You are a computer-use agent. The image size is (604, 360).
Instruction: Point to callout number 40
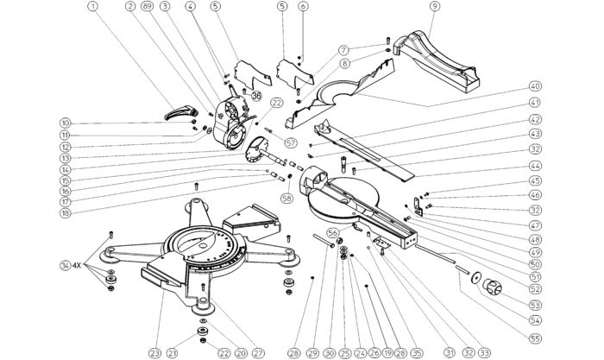click(536, 86)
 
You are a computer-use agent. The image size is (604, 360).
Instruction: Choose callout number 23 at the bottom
click(154, 353)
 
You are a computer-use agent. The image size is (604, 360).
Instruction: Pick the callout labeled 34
click(66, 264)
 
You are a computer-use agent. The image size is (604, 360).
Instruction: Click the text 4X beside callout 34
click(81, 264)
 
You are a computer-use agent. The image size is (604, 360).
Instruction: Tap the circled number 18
click(66, 212)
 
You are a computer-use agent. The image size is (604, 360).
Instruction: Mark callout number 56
click(333, 233)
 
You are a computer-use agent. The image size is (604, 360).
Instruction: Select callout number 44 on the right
click(536, 165)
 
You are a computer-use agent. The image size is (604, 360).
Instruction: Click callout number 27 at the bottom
click(258, 353)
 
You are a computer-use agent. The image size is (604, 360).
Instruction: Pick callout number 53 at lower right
click(536, 306)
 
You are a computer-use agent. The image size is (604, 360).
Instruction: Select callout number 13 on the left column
click(66, 158)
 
